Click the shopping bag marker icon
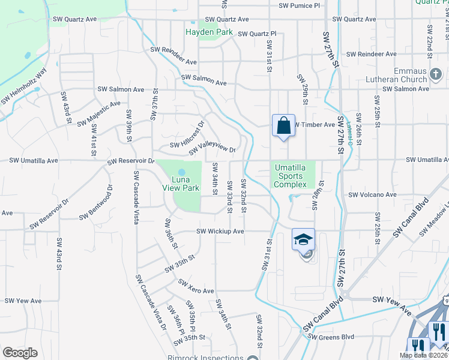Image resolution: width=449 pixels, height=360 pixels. tap(283, 125)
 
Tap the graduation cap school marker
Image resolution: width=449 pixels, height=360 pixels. tap(304, 239)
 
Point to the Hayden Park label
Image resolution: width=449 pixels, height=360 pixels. tap(208, 32)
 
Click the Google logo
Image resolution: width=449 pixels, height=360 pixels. tap(20, 353)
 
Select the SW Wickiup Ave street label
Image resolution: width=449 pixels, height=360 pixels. tap(220, 231)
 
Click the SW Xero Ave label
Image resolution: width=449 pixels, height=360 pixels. tap(196, 286)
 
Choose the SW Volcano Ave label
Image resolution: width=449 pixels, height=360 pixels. tap(372, 194)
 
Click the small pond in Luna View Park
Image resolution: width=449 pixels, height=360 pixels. tap(182, 172)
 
